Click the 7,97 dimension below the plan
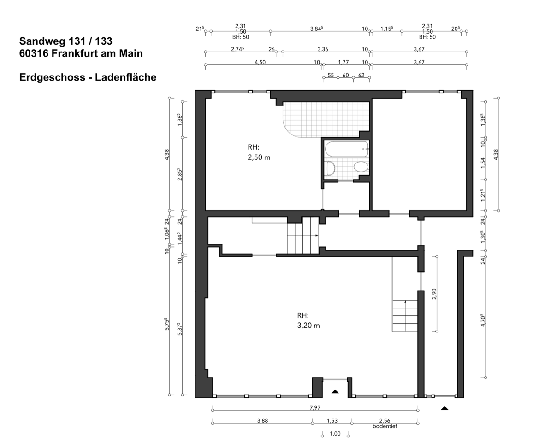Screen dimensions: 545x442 tap(315, 407)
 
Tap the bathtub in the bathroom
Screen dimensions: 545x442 tap(347, 149)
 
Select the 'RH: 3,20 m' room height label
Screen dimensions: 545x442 tap(308, 320)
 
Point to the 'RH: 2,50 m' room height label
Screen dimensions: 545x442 tap(259, 152)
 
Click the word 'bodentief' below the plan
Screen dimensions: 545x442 tap(385, 426)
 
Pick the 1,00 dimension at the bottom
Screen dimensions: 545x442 tap(335, 433)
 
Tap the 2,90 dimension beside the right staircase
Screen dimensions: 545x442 tap(434, 294)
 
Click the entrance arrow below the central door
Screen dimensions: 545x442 tap(335, 391)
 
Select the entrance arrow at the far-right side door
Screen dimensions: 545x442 tap(444, 408)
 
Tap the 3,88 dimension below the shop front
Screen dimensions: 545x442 tap(262, 421)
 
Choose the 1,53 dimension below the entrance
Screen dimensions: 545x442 tap(332, 421)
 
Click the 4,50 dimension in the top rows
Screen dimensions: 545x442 tap(260, 62)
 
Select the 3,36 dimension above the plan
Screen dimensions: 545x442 tap(323, 49)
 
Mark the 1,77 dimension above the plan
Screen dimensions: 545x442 tap(344, 62)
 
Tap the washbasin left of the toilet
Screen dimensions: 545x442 tap(331, 168)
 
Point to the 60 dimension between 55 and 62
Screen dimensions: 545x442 tap(345, 75)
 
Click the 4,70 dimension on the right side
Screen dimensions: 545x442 tap(483, 320)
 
